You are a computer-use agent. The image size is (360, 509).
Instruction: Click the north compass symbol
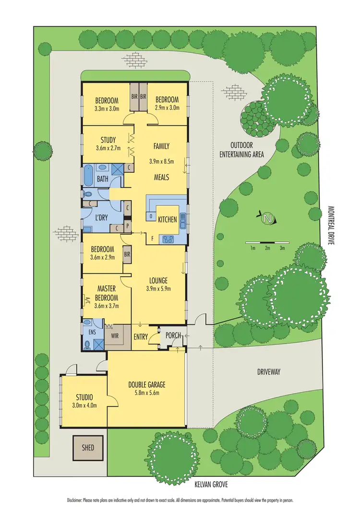[267, 219]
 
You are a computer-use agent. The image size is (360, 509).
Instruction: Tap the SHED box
[88, 448]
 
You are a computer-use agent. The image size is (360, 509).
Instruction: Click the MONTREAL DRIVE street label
[330, 225]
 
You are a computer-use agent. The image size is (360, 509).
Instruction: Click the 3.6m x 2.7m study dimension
[108, 149]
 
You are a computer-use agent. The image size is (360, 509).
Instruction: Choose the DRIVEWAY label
[268, 371]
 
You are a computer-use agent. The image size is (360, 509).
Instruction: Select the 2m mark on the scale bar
[267, 248]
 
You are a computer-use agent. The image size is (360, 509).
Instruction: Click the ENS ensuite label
[90, 331]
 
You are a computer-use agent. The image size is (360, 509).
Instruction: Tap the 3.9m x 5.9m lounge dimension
[158, 288]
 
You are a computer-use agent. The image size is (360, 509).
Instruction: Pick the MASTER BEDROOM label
[108, 292]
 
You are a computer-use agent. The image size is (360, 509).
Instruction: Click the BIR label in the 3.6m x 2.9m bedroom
[127, 254]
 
